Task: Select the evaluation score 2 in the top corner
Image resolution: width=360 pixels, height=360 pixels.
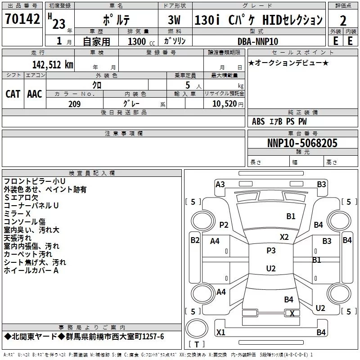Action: point(343,20)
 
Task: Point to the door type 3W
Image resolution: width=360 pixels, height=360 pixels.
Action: point(174,20)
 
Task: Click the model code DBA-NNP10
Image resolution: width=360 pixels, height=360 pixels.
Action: point(258,41)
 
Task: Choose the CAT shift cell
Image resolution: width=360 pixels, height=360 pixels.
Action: point(13,94)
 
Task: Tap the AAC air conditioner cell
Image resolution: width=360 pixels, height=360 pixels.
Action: point(35,94)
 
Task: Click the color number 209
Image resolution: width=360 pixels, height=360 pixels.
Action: point(74,104)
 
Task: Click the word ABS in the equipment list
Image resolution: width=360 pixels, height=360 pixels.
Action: point(258,121)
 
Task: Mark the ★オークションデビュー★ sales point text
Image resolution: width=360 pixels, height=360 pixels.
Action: point(288,63)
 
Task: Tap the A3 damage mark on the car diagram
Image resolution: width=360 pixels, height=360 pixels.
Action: point(220,184)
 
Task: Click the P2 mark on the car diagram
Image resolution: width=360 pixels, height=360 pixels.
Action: point(224,225)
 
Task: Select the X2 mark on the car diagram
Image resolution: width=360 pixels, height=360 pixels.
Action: point(284,237)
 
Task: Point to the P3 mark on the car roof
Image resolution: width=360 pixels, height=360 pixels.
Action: point(271,251)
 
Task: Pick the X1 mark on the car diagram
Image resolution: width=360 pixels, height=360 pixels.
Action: point(220,333)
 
